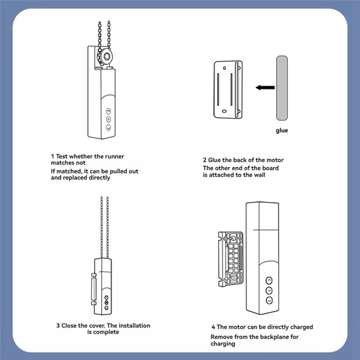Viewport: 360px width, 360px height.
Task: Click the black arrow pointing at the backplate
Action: pyautogui.click(x=265, y=88)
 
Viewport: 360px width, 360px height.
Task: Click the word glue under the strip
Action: pyautogui.click(x=282, y=131)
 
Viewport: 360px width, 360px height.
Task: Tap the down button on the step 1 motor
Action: pyautogui.click(x=108, y=127)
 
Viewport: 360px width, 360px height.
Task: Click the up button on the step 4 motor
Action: pyautogui.click(x=269, y=279)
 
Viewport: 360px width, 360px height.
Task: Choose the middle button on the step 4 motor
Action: pyautogui.click(x=269, y=290)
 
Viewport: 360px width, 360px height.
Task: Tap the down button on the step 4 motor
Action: pyautogui.click(x=269, y=300)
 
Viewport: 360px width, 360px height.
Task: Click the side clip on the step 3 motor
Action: pyautogui.click(x=93, y=288)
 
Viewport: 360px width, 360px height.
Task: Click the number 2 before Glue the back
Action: pyautogui.click(x=205, y=160)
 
